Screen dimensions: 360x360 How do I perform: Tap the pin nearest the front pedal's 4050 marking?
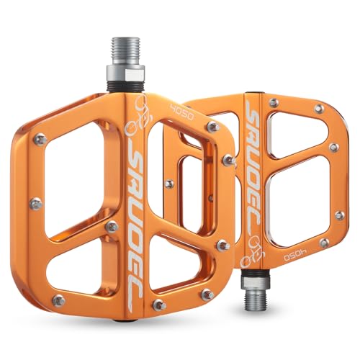click(x=213, y=127)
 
